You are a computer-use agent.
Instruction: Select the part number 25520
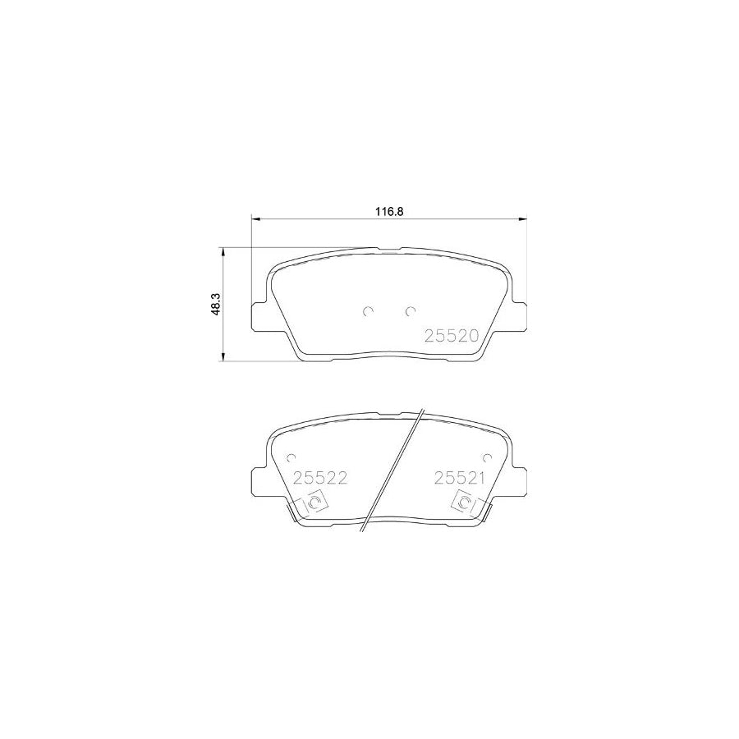tap(451, 335)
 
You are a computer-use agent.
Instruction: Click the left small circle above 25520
tap(369, 310)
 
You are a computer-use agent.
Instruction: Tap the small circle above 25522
tap(290, 460)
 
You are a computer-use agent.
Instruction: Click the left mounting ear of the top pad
tap(258, 315)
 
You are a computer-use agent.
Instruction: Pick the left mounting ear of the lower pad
tap(258, 480)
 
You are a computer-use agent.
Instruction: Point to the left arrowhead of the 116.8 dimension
tap(255, 219)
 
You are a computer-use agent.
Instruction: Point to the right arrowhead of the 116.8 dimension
tap(521, 219)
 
